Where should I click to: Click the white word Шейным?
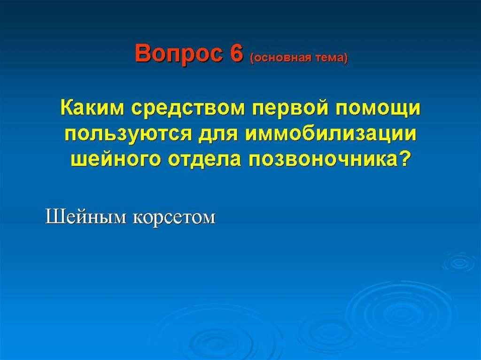point(85,217)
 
